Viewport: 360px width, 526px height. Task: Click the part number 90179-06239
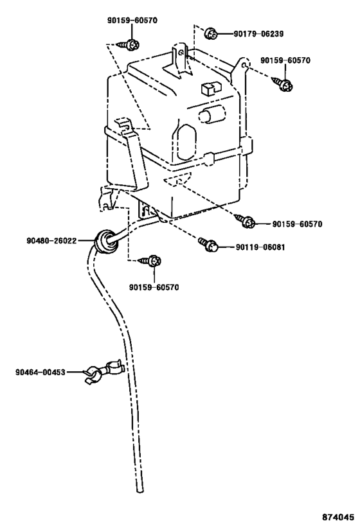(258, 34)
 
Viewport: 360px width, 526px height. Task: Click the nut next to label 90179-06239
(211, 33)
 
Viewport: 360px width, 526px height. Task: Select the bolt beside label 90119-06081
(208, 245)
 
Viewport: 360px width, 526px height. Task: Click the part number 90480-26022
(51, 241)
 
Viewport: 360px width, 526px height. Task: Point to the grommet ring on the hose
(104, 240)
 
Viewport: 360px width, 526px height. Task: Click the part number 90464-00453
(40, 373)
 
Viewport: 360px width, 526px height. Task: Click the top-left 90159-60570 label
(132, 21)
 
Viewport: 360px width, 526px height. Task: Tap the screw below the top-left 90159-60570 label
(129, 44)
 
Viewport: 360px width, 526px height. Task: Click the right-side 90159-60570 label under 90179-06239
(285, 60)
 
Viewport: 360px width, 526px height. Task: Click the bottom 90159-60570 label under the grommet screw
(154, 288)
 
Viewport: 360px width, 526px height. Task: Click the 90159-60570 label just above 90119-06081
(297, 224)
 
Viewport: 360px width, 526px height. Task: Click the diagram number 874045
(338, 516)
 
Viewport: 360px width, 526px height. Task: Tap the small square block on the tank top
(210, 88)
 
